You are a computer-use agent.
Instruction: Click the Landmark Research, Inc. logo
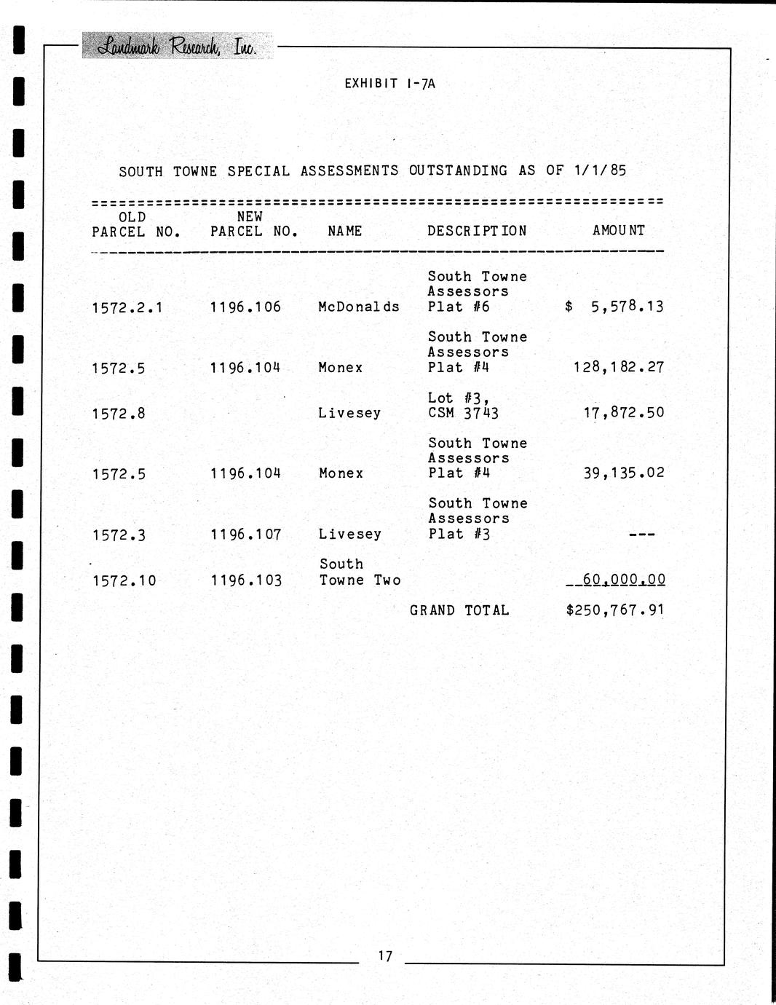tap(177, 47)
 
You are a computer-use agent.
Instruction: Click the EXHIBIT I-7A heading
tap(389, 84)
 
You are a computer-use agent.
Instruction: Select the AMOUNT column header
tap(618, 230)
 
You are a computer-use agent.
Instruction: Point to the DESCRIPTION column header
tap(477, 231)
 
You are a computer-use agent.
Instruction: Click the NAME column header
tap(344, 231)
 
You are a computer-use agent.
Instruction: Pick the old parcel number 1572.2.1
tap(127, 308)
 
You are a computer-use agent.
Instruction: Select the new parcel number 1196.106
tap(245, 307)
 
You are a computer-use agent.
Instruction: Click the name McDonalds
tap(359, 307)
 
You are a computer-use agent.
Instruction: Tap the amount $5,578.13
tap(614, 307)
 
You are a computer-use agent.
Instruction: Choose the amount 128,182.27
tap(619, 367)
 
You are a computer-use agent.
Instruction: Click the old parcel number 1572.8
tap(119, 414)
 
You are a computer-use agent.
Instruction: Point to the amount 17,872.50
tap(624, 413)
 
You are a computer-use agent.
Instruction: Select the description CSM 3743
tap(463, 413)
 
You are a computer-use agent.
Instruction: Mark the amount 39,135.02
tap(624, 473)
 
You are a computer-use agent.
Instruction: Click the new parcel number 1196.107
tap(245, 535)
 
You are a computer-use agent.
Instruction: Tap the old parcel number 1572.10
tap(124, 581)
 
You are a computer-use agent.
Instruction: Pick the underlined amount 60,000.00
tap(624, 580)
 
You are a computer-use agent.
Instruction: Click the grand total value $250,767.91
tap(615, 610)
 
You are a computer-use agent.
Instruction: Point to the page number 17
tap(385, 955)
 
